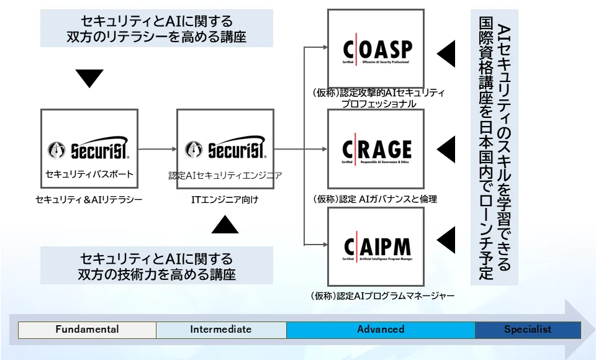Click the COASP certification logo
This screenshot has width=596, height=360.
(x=376, y=50)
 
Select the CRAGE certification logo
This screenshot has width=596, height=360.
(x=376, y=150)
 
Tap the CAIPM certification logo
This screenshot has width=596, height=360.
(x=376, y=247)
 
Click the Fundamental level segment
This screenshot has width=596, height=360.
(x=87, y=330)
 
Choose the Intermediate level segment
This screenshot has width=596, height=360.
(x=221, y=330)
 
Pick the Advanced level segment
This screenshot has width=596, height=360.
(x=381, y=330)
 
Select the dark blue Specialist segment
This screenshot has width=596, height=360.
(x=528, y=330)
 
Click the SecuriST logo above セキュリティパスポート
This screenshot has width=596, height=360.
(x=89, y=150)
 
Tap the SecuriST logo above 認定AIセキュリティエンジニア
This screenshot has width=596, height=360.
(x=225, y=150)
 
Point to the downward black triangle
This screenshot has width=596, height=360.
(x=89, y=78)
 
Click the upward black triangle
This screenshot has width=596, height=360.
(x=225, y=224)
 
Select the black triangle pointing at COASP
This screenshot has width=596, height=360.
(x=448, y=54)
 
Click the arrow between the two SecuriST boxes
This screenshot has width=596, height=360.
(x=156, y=149)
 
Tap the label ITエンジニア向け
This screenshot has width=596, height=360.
(x=225, y=200)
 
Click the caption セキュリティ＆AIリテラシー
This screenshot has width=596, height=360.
(x=89, y=200)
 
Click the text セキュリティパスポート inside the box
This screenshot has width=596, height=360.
(x=89, y=174)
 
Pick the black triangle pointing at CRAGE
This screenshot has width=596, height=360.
(x=448, y=149)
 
